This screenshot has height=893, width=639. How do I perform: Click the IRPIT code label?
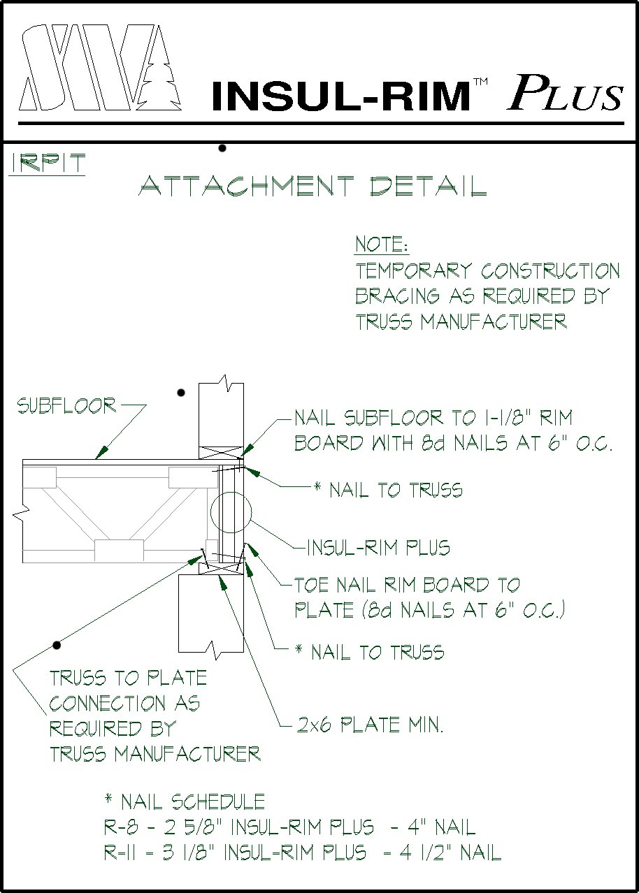coord(48,164)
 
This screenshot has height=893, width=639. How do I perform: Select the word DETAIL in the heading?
coord(429,187)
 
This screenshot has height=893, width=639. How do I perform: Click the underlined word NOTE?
coord(382,245)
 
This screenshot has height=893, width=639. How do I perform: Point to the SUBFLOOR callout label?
coord(66,406)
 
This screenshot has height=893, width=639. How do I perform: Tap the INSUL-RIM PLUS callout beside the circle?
coord(378,547)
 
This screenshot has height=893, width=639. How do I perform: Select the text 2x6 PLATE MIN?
coord(370,725)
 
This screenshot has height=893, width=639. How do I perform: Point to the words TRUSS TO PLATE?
coord(128,678)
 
